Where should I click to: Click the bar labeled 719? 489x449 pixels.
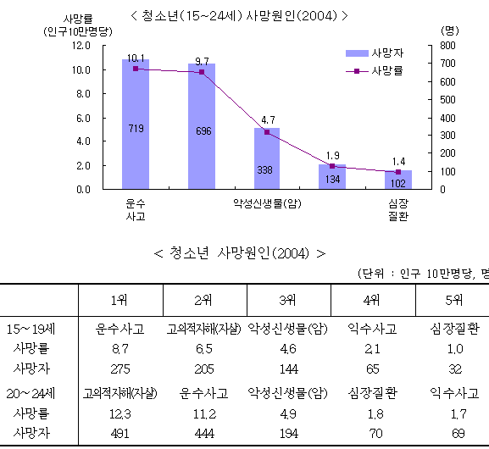pyautogui.click(x=136, y=124)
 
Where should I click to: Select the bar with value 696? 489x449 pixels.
pyautogui.click(x=202, y=126)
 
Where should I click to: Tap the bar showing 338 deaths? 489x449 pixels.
pyautogui.click(x=267, y=158)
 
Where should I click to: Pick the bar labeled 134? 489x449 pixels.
pyautogui.click(x=332, y=176)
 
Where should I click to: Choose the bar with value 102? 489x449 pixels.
pyautogui.click(x=398, y=180)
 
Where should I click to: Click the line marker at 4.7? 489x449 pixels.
pyautogui.click(x=267, y=132)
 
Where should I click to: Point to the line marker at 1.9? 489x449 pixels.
pyautogui.click(x=332, y=166)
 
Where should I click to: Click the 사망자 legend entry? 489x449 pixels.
pyautogui.click(x=375, y=53)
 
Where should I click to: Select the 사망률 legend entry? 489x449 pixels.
pyautogui.click(x=375, y=71)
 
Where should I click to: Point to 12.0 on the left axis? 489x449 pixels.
pyautogui.click(x=81, y=46)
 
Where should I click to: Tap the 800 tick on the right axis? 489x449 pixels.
pyautogui.click(x=447, y=46)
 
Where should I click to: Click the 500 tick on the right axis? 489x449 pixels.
pyautogui.click(x=447, y=100)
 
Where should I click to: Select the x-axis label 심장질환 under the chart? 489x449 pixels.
pyautogui.click(x=398, y=210)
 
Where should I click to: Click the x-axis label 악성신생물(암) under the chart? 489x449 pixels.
pyautogui.click(x=267, y=204)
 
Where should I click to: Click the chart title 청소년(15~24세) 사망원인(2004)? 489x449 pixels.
pyautogui.click(x=239, y=15)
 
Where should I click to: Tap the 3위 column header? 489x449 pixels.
pyautogui.click(x=288, y=300)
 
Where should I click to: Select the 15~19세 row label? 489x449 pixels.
pyautogui.click(x=31, y=330)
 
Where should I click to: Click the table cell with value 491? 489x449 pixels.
pyautogui.click(x=119, y=434)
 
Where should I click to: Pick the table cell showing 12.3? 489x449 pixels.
pyautogui.click(x=119, y=414)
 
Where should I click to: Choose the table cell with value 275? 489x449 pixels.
pyautogui.click(x=120, y=369)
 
